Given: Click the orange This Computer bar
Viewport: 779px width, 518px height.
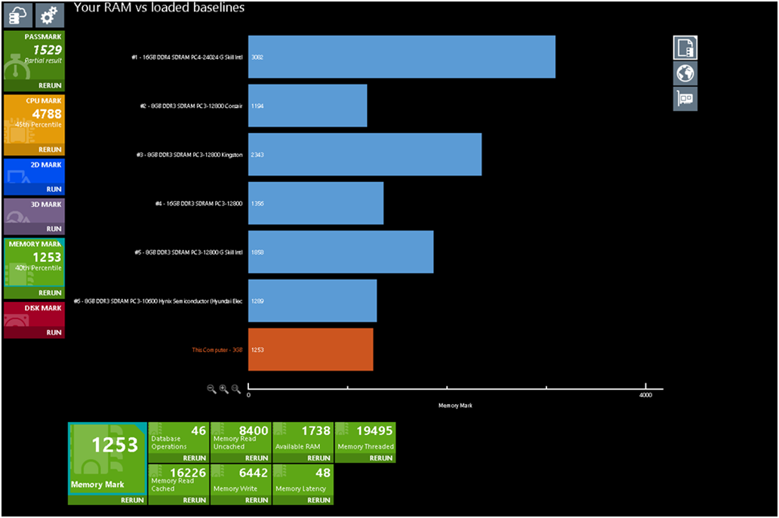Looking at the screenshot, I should coord(310,350).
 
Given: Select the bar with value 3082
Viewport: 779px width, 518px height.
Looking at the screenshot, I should coord(402,57).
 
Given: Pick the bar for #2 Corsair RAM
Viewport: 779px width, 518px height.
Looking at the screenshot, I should coord(307,106).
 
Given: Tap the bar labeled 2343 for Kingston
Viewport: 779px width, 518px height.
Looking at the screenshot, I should coord(365,155).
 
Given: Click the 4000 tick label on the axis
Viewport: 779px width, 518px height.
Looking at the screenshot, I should coord(645,396).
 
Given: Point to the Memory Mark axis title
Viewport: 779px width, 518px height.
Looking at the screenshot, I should coord(455,406).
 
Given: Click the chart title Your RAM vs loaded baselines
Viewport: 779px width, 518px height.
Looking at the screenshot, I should coord(159,8).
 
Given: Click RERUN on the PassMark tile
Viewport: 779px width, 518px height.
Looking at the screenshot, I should coord(50,86).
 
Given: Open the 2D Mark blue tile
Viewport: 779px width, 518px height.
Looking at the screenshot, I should coord(34,177).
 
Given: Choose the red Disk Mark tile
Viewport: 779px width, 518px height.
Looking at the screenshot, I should coord(34,320).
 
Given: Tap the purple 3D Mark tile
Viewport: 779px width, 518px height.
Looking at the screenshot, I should coord(34,216).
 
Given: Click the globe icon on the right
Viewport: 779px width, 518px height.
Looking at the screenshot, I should coord(685,73).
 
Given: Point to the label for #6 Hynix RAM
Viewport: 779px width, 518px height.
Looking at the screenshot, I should coord(158,301).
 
